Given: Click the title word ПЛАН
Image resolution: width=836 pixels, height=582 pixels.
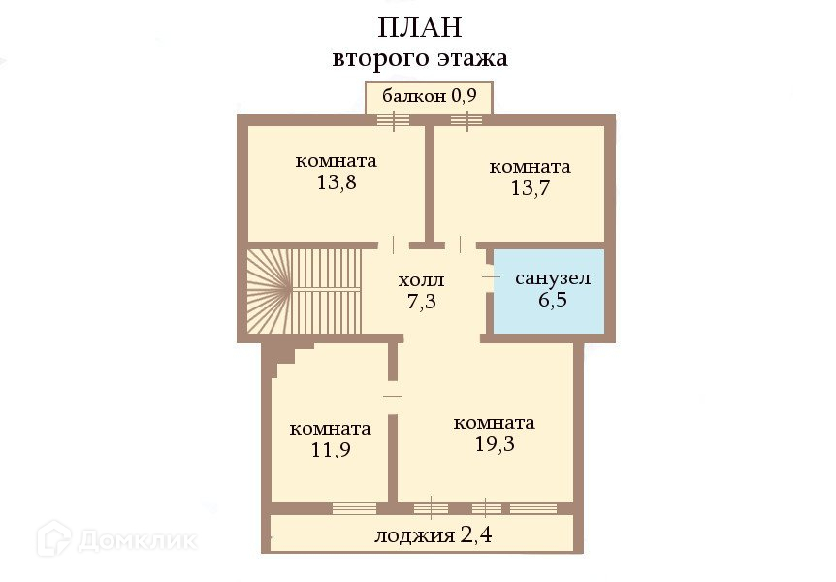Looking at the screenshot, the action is click(x=420, y=27).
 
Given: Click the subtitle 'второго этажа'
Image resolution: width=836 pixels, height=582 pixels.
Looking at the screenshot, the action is click(x=420, y=58).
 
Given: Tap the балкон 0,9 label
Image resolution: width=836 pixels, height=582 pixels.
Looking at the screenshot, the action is click(x=428, y=96).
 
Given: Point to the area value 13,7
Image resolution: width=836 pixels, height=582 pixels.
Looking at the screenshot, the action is click(x=530, y=188).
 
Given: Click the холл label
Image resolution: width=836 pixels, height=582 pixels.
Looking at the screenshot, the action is click(x=421, y=280).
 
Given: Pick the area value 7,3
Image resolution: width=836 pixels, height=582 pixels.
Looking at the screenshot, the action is click(x=421, y=301).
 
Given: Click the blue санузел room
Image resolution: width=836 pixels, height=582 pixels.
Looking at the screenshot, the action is click(x=550, y=290).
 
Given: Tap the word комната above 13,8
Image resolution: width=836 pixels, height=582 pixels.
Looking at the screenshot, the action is click(x=336, y=161).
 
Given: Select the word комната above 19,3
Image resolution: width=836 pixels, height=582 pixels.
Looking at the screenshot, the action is click(x=494, y=423).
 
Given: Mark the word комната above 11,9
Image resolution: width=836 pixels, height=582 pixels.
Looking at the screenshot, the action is click(x=330, y=429).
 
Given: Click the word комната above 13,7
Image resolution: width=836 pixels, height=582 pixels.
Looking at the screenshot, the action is click(x=530, y=167).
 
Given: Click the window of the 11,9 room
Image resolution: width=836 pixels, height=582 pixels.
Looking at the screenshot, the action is click(x=353, y=507).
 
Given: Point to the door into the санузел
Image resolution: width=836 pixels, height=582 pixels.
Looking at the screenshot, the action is click(x=489, y=277).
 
